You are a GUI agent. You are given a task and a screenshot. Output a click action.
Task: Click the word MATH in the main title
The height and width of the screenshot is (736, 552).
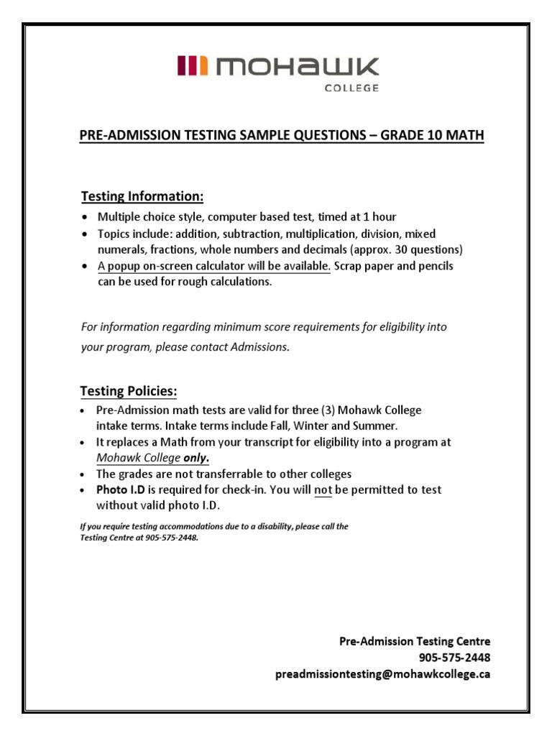tap(461, 135)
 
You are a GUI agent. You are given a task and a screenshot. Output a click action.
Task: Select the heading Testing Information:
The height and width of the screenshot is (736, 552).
tap(142, 196)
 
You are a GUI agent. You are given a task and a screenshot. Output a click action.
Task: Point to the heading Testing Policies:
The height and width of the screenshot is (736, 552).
tap(128, 391)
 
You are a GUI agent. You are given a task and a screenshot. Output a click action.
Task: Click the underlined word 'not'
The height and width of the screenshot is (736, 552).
tap(323, 489)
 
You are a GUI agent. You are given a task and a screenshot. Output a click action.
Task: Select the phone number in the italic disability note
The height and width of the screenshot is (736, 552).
tap(170, 538)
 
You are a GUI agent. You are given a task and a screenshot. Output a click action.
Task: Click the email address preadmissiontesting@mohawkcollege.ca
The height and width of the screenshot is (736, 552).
tap(382, 674)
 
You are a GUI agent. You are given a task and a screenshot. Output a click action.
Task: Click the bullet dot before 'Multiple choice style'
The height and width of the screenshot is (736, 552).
tap(87, 217)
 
